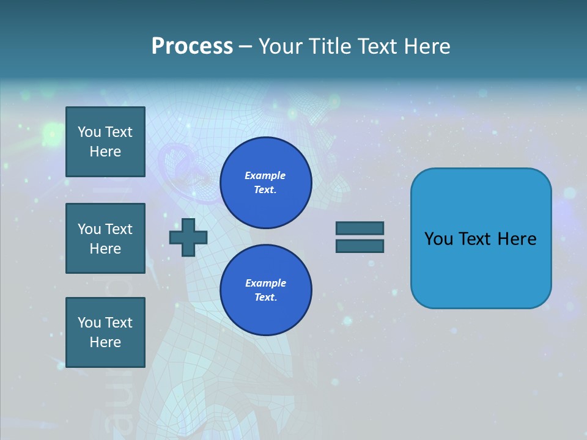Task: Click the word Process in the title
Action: click(x=192, y=46)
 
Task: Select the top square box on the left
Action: click(x=105, y=142)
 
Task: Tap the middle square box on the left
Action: click(x=105, y=238)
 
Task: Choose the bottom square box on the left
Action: click(x=105, y=332)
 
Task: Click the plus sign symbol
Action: click(x=188, y=237)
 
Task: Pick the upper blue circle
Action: click(x=265, y=183)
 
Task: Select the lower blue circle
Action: click(x=265, y=290)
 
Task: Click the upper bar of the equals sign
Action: click(x=360, y=228)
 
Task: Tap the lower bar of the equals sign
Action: click(x=360, y=246)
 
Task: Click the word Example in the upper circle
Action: click(x=265, y=175)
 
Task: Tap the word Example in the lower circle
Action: click(x=265, y=283)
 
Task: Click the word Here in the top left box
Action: click(x=105, y=152)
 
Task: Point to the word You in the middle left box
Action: click(x=89, y=229)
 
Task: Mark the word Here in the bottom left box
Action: click(x=105, y=342)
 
